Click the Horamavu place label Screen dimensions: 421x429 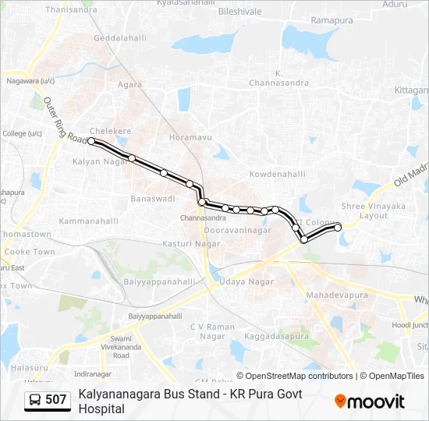click(x=190, y=137)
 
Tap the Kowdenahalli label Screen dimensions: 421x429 click(x=277, y=174)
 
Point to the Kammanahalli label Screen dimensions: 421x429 click(x=88, y=221)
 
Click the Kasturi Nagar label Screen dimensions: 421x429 click(x=191, y=245)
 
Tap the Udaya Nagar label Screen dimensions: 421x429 click(x=246, y=281)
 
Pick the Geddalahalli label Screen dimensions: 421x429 click(x=120, y=38)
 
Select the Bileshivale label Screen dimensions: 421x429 click(x=239, y=12)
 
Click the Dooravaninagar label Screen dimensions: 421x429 click(x=237, y=231)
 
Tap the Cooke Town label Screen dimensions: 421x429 click(x=30, y=252)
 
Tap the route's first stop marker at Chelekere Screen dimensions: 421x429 click(x=92, y=141)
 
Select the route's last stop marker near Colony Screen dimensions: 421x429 click(x=338, y=227)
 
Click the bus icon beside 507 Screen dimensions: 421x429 click(x=35, y=400)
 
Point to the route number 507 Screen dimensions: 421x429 click(x=56, y=400)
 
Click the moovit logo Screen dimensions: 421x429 click(x=370, y=402)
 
